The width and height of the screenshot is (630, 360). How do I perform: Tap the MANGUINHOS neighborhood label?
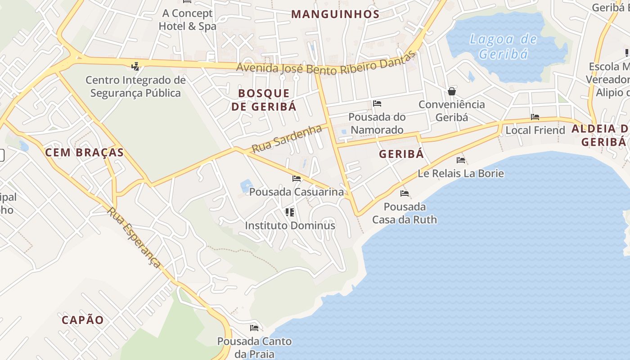[335, 14]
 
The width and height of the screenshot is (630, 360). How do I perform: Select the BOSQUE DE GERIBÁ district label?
[264, 100]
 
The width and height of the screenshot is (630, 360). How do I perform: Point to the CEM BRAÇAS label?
[84, 153]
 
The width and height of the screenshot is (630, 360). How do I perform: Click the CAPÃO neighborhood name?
[83, 320]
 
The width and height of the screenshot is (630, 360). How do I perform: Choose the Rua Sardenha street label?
[287, 139]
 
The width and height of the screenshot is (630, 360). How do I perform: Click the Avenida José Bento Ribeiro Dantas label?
[325, 65]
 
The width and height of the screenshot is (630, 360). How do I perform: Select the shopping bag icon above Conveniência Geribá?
[452, 91]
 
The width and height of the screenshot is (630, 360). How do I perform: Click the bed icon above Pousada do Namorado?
[377, 103]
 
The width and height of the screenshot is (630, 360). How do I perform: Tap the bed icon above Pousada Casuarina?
[297, 179]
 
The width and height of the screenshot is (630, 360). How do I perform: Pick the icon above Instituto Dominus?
[290, 212]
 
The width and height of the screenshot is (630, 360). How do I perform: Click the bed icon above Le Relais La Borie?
[461, 160]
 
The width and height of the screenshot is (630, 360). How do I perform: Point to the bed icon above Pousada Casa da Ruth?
[405, 193]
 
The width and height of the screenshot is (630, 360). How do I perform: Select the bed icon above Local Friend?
[535, 117]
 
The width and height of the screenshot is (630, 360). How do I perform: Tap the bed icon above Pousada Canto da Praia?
[254, 328]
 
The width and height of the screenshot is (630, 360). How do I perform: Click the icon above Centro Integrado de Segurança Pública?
[135, 67]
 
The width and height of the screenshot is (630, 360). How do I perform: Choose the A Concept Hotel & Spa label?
[187, 20]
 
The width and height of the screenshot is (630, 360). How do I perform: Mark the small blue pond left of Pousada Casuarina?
[246, 185]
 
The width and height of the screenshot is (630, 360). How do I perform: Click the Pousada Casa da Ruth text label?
[405, 213]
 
